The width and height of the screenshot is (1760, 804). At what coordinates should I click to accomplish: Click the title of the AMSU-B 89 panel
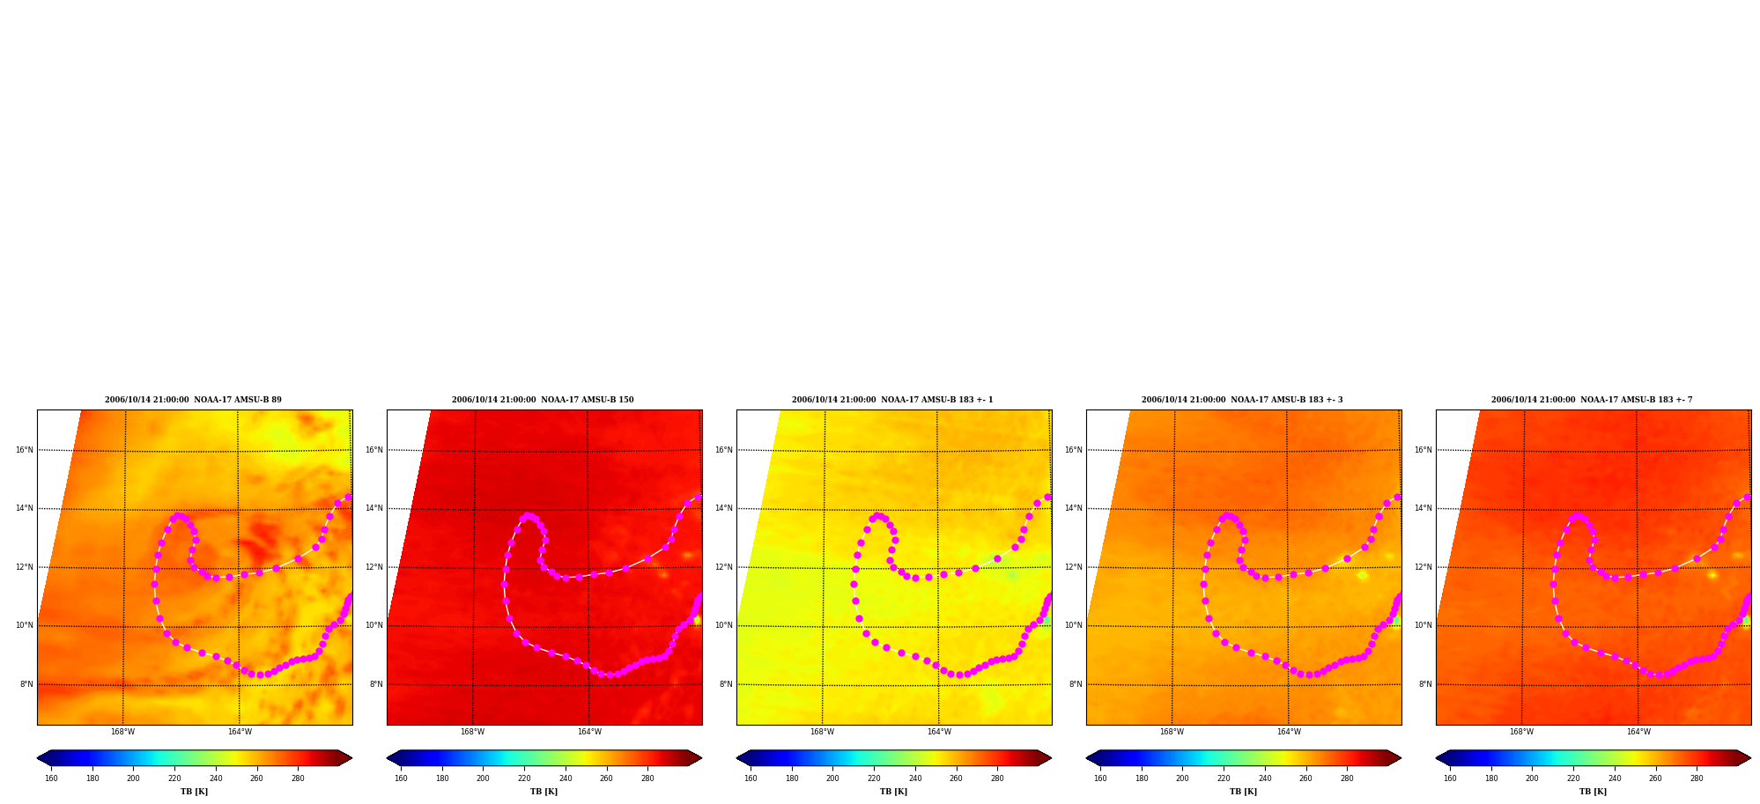(x=193, y=400)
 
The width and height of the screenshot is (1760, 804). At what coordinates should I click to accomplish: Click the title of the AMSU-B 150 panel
(x=543, y=400)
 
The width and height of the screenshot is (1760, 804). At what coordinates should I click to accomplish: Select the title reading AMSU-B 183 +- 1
(x=892, y=400)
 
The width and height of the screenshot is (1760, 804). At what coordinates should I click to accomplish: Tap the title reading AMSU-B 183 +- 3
(x=1242, y=400)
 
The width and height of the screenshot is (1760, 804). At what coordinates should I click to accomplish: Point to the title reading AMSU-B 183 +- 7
(x=1592, y=400)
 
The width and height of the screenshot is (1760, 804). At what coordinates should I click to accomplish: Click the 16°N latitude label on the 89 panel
(x=25, y=450)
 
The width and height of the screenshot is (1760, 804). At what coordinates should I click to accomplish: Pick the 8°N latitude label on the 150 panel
(x=376, y=684)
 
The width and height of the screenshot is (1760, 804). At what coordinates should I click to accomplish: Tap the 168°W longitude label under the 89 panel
(x=122, y=732)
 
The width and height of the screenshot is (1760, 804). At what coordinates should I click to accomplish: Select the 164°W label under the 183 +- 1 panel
(x=939, y=732)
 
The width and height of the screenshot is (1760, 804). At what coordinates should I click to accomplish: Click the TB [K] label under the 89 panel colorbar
(x=194, y=792)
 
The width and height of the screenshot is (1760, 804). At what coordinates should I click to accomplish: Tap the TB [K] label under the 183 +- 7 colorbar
(x=1593, y=792)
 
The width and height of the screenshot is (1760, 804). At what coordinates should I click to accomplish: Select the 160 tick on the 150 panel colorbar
(x=401, y=778)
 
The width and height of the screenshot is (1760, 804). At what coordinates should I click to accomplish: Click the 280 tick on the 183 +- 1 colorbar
(x=997, y=778)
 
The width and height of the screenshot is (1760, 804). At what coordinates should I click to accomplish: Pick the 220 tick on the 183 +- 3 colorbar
(x=1224, y=778)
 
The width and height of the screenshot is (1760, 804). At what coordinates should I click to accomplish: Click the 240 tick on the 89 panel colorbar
(x=216, y=778)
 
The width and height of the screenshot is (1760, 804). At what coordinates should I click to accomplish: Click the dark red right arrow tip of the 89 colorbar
(x=351, y=758)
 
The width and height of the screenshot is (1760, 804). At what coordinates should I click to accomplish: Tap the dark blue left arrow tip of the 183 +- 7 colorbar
(x=1437, y=758)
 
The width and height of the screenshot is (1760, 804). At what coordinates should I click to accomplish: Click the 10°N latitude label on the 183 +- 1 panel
(x=724, y=625)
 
